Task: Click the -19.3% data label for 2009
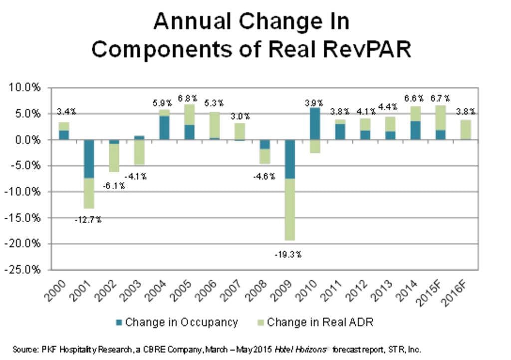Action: coord(288,254)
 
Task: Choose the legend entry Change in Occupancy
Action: coord(176,322)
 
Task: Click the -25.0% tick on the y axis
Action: coord(24,270)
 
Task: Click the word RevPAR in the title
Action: coord(362,49)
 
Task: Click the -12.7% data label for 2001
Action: coord(88,220)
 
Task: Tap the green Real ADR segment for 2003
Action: coord(139,152)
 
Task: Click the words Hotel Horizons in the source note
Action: coord(297,350)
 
